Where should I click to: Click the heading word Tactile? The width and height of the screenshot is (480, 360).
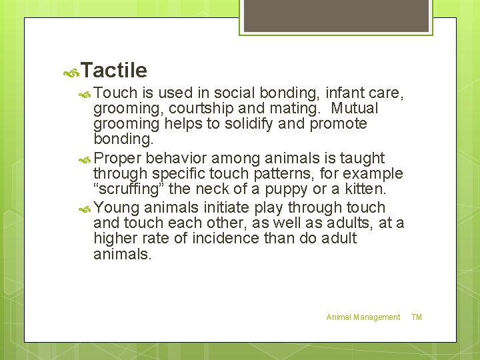[x=115, y=70]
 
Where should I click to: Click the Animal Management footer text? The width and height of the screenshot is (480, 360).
[x=363, y=317]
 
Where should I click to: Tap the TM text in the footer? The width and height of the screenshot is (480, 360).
[x=417, y=317]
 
